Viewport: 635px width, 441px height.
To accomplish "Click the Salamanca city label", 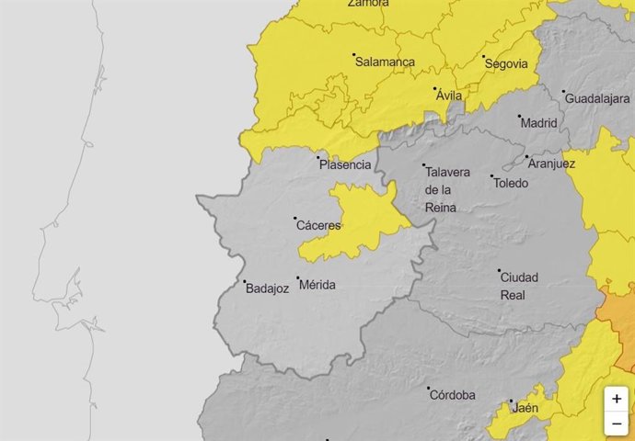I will click(x=387, y=62).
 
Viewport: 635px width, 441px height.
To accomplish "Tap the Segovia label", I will click(x=507, y=63).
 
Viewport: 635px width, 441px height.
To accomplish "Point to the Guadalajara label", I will click(x=597, y=98).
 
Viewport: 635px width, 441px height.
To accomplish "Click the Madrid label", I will click(x=538, y=122).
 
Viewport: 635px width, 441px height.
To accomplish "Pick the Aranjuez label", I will click(x=552, y=164).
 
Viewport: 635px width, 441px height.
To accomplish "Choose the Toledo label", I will click(x=511, y=183).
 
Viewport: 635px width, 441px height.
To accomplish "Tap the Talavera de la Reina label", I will click(x=446, y=189).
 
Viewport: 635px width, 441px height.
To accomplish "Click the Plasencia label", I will click(x=345, y=165).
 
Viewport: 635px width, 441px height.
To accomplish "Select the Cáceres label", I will click(x=318, y=225).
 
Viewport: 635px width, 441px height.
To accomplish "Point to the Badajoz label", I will click(x=268, y=288).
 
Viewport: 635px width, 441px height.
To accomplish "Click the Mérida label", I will click(x=317, y=285).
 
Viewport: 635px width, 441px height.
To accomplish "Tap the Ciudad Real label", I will click(x=519, y=286).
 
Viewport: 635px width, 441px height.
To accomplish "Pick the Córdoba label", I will click(x=453, y=395).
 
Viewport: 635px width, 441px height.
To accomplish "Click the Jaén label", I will click(x=525, y=409).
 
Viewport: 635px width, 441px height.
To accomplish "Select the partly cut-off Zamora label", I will click(x=368, y=4).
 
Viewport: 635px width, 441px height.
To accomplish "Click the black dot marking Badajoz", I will click(x=245, y=282).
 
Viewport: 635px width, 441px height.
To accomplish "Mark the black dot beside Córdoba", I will click(x=428, y=389).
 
